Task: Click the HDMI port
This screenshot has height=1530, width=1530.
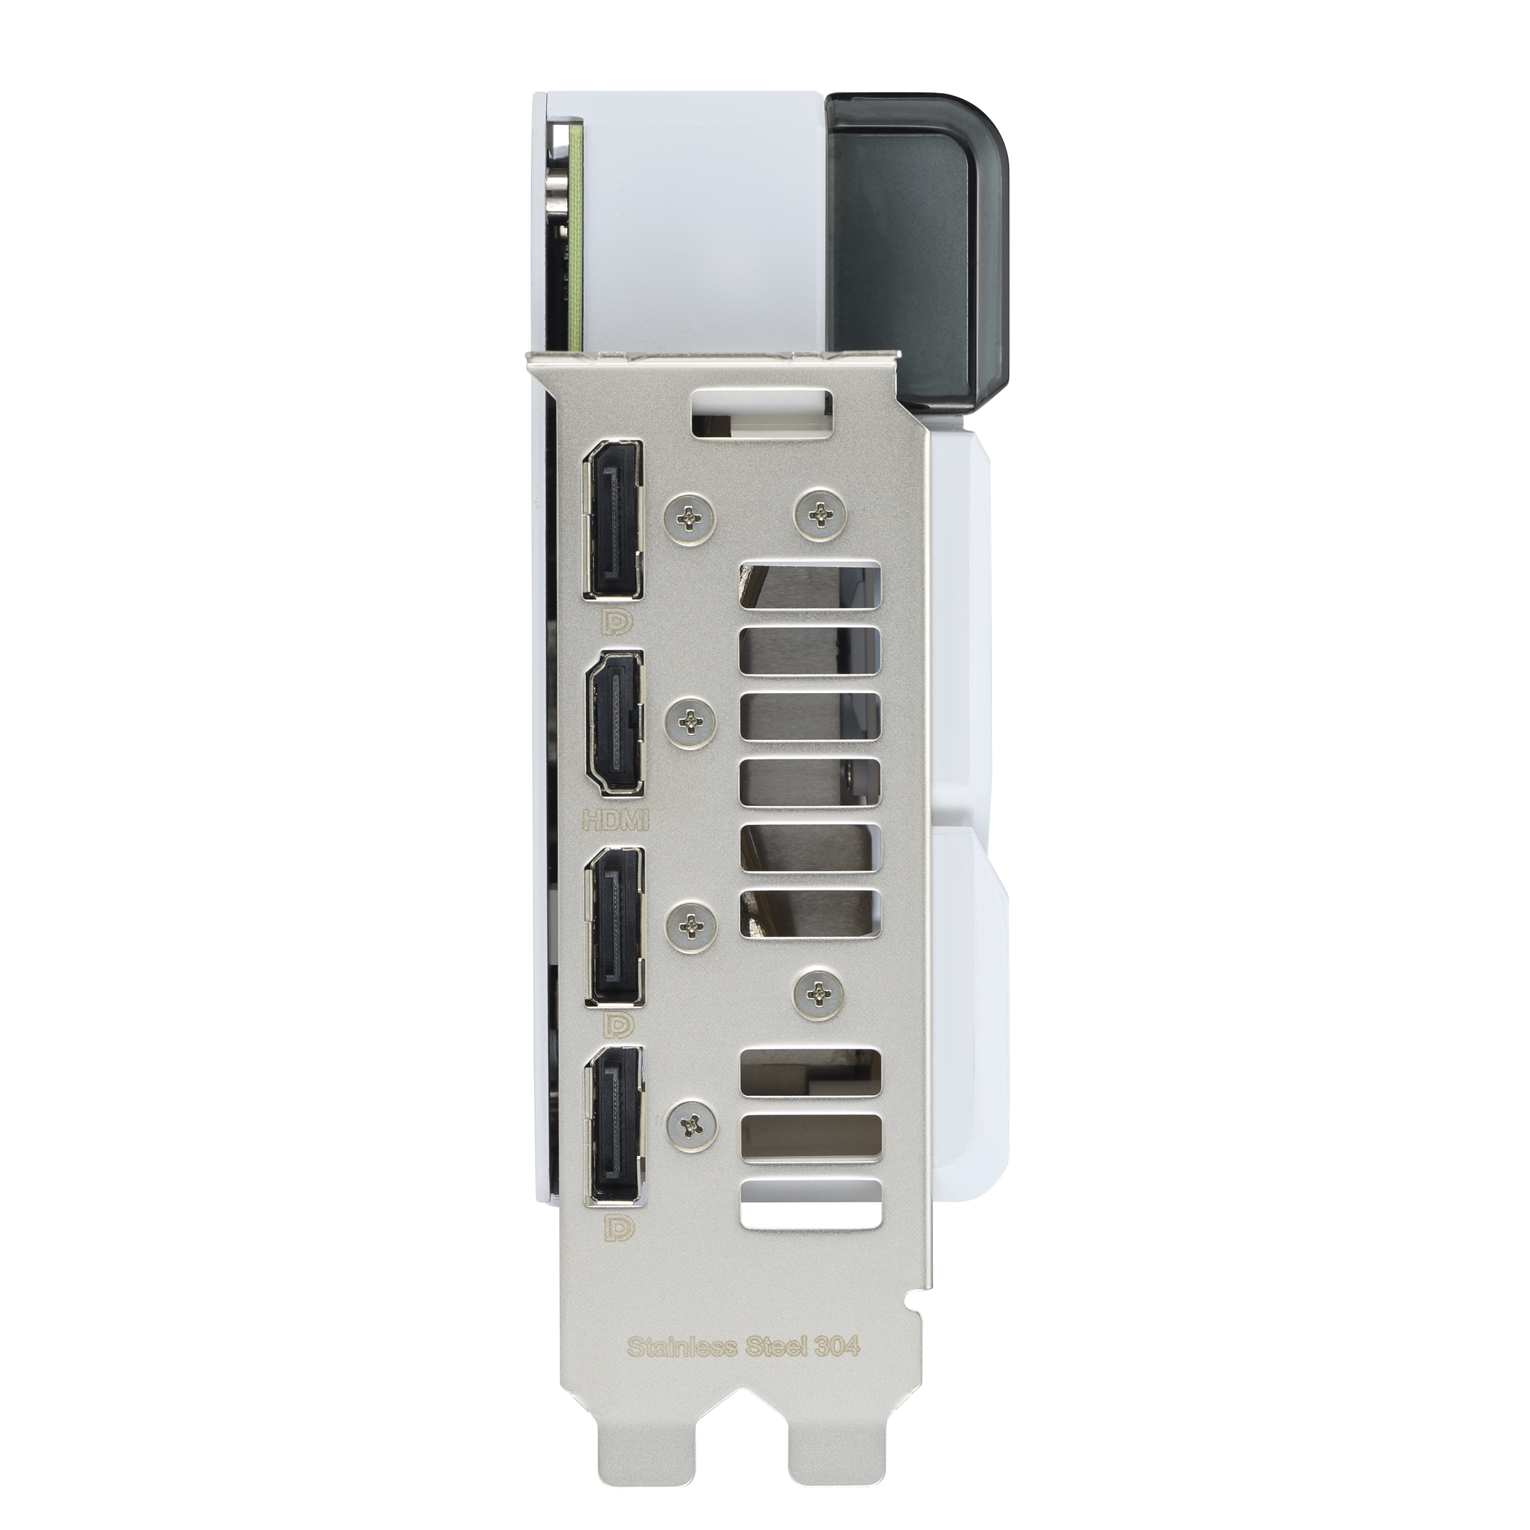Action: tap(614, 711)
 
